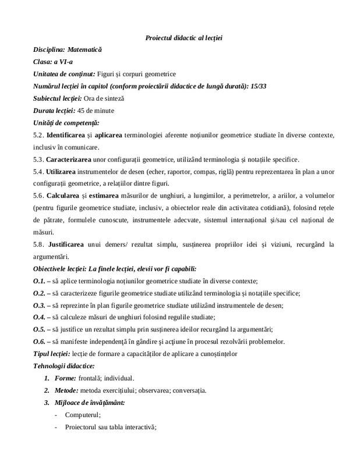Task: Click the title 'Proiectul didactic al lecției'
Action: [183, 38]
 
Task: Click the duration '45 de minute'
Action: [97, 110]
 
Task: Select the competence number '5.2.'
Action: [38, 135]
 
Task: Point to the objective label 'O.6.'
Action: [40, 341]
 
